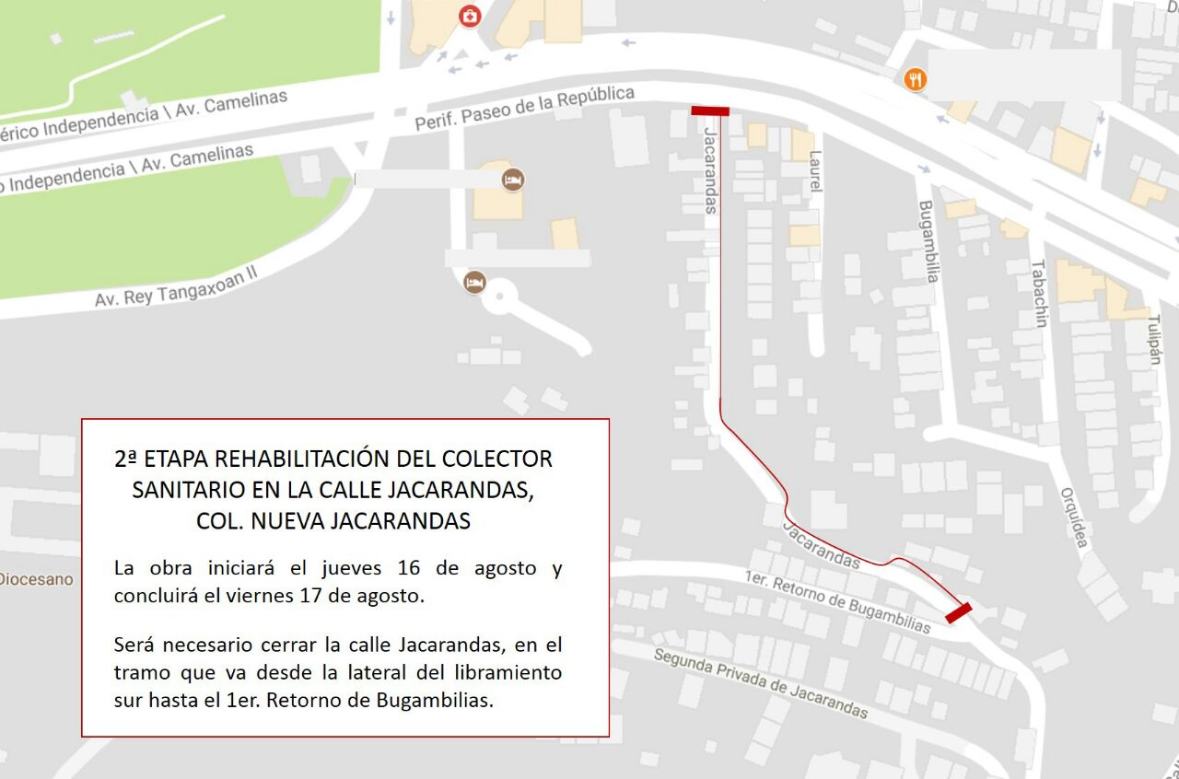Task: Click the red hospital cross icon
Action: coord(470,16)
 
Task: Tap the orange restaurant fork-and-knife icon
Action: coord(915,79)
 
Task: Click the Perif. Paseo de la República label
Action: coord(524,108)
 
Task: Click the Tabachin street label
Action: coord(1039,293)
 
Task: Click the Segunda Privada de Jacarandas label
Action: coord(761,682)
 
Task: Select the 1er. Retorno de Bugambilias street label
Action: coord(838,601)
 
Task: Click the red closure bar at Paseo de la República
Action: coord(710,111)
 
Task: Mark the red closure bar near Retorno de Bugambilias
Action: coord(958,612)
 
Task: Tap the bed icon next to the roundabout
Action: coord(474,282)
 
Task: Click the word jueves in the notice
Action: coord(354,567)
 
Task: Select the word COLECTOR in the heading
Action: coord(497,459)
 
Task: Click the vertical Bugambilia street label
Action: coord(926,241)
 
